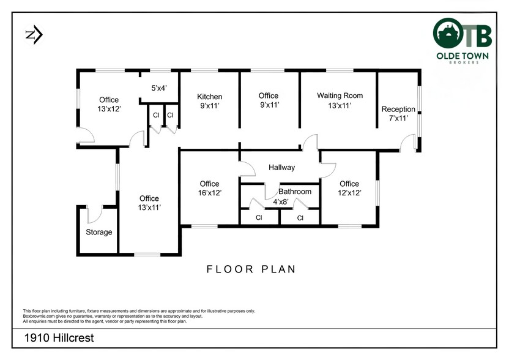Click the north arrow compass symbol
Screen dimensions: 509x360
click(34, 35)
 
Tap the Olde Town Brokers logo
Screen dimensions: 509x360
click(463, 40)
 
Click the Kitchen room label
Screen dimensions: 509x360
click(210, 97)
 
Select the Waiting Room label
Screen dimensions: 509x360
click(340, 96)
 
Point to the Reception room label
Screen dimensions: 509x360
click(398, 109)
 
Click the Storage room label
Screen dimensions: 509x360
click(99, 232)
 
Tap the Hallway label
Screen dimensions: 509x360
click(282, 168)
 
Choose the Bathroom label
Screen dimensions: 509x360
click(295, 192)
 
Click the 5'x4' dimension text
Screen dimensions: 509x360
click(159, 88)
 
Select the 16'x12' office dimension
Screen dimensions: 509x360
click(210, 193)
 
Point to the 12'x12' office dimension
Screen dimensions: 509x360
click(349, 193)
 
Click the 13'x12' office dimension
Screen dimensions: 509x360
click(109, 109)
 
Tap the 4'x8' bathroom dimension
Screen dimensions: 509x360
click(280, 202)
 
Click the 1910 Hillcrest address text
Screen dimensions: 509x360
click(59, 338)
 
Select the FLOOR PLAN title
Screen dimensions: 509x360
click(251, 269)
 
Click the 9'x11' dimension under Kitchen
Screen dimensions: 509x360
click(210, 106)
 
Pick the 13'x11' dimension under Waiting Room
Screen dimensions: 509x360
click(340, 105)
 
